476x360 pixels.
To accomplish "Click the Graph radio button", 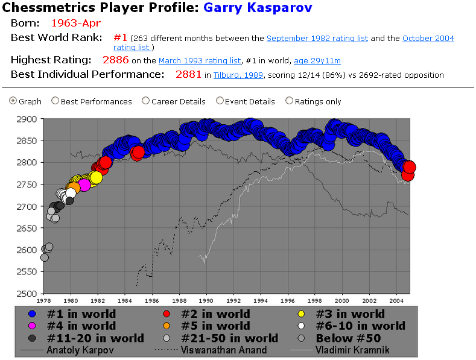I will click(13, 101).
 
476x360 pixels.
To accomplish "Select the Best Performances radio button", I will click(56, 101).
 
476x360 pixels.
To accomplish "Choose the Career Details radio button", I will click(146, 101).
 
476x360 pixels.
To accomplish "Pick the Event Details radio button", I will click(220, 101).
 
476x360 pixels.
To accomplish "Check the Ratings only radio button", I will click(290, 101).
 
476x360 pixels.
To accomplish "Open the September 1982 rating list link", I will click(317, 39).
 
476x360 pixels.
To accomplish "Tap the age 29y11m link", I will click(317, 60).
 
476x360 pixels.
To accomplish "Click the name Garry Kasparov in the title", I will click(258, 8).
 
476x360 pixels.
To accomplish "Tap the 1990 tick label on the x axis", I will click(206, 300).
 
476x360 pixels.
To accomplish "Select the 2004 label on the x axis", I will click(396, 300).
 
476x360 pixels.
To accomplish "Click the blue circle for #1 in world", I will click(33, 314).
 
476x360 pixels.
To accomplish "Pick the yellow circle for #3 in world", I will click(302, 314).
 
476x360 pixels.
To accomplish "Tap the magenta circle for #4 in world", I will click(33, 326).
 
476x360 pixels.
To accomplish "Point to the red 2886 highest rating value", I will click(115, 60).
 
